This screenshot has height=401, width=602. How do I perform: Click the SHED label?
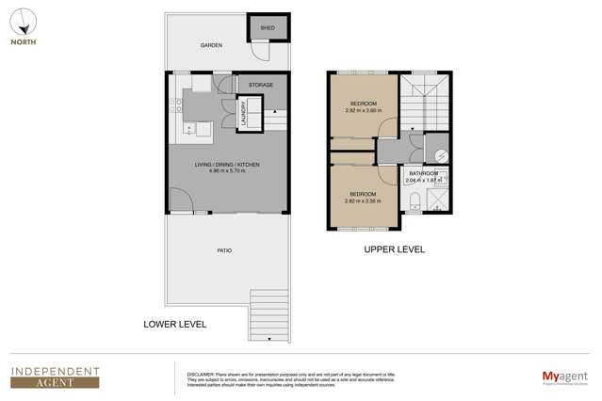click(x=267, y=28)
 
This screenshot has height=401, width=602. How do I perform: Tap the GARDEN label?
click(x=210, y=45)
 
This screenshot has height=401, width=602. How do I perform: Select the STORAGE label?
click(x=261, y=85)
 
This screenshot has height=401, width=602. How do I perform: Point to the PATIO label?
click(x=224, y=250)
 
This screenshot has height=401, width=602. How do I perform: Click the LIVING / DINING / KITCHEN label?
click(x=226, y=165)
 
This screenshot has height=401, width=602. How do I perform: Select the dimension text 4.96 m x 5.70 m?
click(x=226, y=171)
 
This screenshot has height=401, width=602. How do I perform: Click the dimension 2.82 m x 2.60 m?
click(x=363, y=110)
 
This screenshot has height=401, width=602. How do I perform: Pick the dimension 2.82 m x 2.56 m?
click(x=363, y=200)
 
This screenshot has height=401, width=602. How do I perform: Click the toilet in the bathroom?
click(x=415, y=199)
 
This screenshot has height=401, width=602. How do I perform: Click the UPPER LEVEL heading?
click(x=394, y=249)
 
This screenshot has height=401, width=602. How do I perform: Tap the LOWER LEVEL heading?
click(x=174, y=324)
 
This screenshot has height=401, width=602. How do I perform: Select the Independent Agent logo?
click(x=55, y=376)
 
